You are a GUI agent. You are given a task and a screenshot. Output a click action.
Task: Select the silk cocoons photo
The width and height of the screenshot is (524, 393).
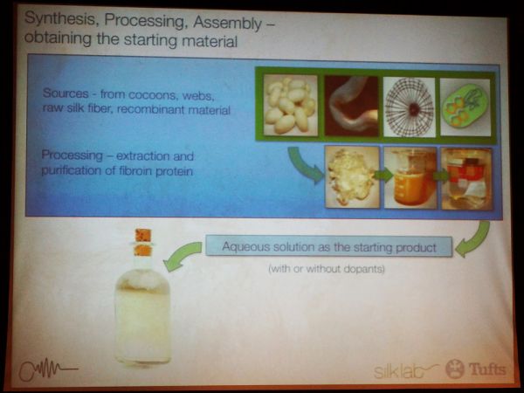tap(291, 105)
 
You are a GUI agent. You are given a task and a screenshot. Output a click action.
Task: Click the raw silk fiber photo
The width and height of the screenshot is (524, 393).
tap(352, 107)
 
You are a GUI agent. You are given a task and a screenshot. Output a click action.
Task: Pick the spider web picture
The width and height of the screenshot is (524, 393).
tap(410, 107)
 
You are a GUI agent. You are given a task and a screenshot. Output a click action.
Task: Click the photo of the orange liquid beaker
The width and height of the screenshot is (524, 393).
tap(410, 178)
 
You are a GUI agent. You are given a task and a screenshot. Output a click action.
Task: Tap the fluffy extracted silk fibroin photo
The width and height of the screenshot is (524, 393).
tap(352, 176)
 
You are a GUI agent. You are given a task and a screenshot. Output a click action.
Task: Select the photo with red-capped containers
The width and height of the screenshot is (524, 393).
tap(467, 179)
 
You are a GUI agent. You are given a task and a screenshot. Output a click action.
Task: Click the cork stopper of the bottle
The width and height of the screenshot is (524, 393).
tap(143, 242)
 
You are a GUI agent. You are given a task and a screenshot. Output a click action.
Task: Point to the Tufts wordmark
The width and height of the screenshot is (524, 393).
tap(487, 369)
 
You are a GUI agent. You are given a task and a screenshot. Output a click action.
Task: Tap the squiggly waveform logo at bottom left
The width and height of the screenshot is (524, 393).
tap(47, 369)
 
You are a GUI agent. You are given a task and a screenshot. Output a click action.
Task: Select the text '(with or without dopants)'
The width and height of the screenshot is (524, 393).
tap(327, 268)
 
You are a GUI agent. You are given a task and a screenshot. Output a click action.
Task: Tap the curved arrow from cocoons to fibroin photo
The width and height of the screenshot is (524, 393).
tap(302, 164)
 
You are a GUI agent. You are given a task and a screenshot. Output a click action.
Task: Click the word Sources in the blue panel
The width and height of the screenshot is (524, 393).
tap(65, 93)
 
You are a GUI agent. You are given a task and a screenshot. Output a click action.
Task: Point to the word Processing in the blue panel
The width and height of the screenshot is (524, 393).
tap(72, 155)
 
